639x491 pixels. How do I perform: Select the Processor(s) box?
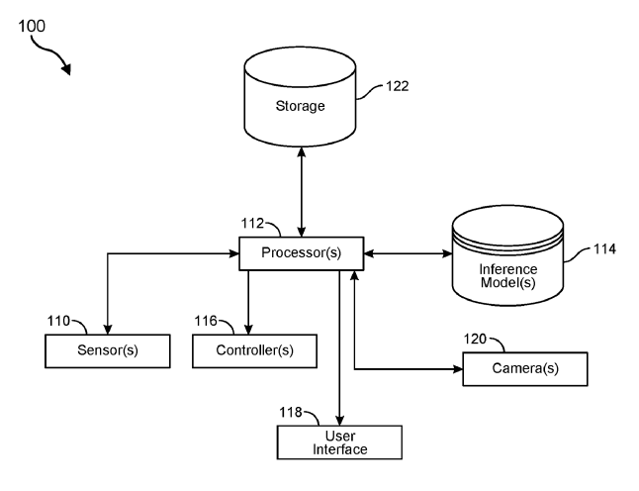302,252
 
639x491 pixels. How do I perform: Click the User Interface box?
340,442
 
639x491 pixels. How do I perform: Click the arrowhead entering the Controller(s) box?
247,331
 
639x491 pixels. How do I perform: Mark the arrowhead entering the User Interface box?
340,420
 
